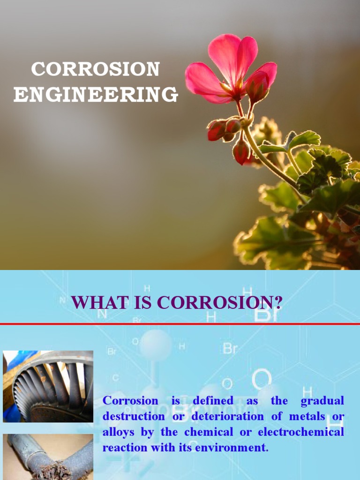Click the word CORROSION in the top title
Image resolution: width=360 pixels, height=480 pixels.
click(x=96, y=69)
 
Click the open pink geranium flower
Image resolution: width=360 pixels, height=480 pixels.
click(x=232, y=68)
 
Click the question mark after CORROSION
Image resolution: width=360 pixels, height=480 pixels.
click(x=277, y=302)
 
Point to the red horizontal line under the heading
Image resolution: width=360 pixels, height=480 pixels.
click(x=180, y=324)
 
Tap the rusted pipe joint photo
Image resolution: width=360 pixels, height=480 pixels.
click(x=48, y=457)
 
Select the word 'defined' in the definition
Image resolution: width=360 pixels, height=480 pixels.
click(x=213, y=401)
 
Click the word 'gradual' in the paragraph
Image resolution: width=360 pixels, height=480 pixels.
click(x=322, y=401)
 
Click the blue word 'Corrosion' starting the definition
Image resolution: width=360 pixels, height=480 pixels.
click(x=124, y=401)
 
